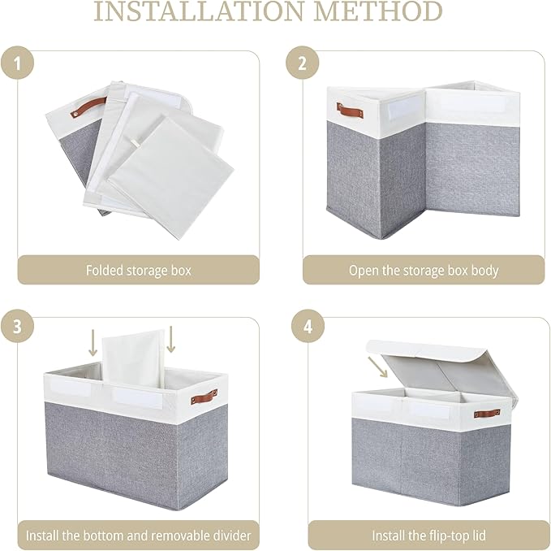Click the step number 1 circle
(x=17, y=63)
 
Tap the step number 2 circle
(x=302, y=63)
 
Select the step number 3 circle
(x=17, y=326)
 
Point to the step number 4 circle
(x=308, y=326)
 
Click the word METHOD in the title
(x=378, y=11)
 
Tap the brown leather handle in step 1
(x=88, y=106)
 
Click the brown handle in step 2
(x=350, y=111)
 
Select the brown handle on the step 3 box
(x=204, y=397)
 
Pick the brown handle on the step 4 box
(x=487, y=414)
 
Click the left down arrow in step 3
(x=93, y=343)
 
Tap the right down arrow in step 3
(x=170, y=339)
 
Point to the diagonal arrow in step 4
(x=377, y=367)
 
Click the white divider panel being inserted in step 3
(x=134, y=358)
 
